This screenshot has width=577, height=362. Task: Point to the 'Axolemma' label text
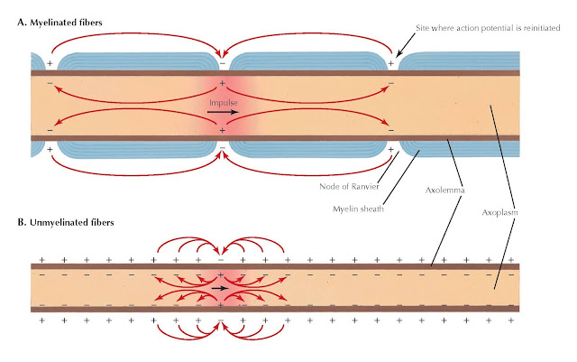coord(444,191)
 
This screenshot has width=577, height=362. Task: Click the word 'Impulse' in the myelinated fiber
coord(223,104)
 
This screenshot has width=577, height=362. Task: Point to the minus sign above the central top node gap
coord(222,63)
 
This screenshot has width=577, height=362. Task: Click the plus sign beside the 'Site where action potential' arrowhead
coord(390,64)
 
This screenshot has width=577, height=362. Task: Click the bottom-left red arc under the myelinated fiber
coord(135,171)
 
